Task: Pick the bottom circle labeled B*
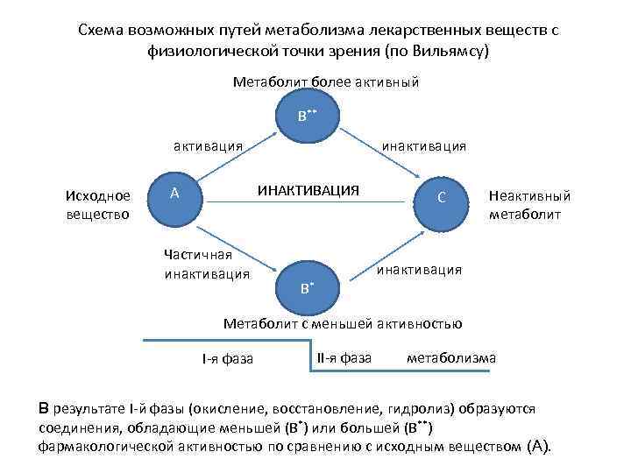click(307, 285)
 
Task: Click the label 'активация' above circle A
click(208, 145)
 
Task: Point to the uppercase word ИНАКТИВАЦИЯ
click(308, 189)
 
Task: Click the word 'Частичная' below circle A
click(197, 255)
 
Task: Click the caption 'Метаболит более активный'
click(325, 82)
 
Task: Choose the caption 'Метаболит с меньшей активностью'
click(343, 323)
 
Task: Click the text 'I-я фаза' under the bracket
click(227, 358)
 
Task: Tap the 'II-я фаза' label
click(344, 357)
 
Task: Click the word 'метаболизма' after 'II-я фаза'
click(451, 357)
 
